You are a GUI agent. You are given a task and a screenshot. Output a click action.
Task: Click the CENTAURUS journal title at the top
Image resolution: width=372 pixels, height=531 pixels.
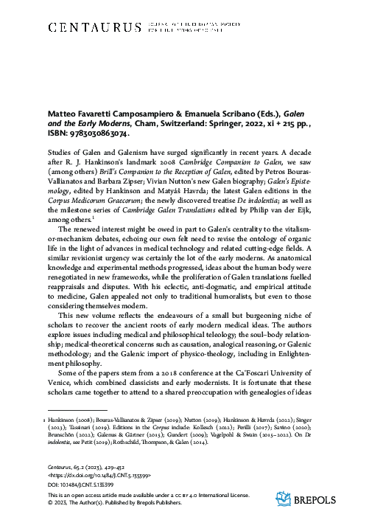pos(94,28)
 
